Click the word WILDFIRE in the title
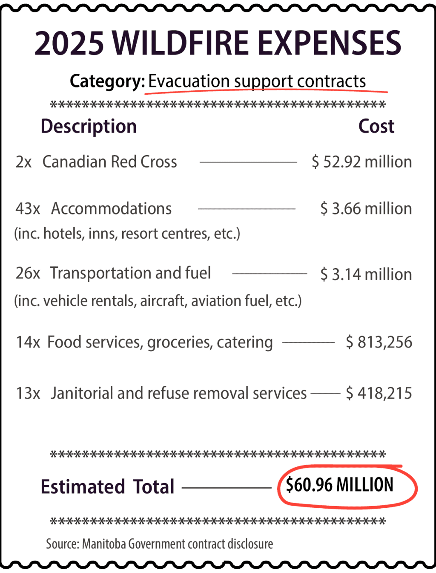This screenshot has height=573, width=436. point(181,43)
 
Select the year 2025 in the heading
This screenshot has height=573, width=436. point(69,43)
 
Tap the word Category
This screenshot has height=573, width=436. point(107,81)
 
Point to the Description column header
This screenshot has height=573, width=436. point(89,126)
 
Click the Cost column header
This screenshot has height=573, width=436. point(376,126)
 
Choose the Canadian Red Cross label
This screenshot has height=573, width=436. point(109,162)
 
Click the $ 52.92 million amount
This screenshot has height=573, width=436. point(362,162)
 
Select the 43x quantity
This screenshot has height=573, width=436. point(28,209)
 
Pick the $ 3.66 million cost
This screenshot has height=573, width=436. point(366,209)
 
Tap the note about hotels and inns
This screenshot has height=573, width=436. point(127,234)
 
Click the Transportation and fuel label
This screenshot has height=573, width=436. point(130,273)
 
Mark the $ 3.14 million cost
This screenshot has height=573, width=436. point(366,274)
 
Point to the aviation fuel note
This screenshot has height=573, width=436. point(158,301)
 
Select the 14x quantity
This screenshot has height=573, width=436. point(28,342)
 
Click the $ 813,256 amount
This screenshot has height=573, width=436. point(379,342)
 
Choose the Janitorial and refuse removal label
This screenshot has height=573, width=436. point(178,393)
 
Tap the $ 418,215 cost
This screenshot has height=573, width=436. point(379,393)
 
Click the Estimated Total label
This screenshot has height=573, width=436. point(107,487)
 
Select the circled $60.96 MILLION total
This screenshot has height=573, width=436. point(340,485)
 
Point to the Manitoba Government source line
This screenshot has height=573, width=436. point(159,544)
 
